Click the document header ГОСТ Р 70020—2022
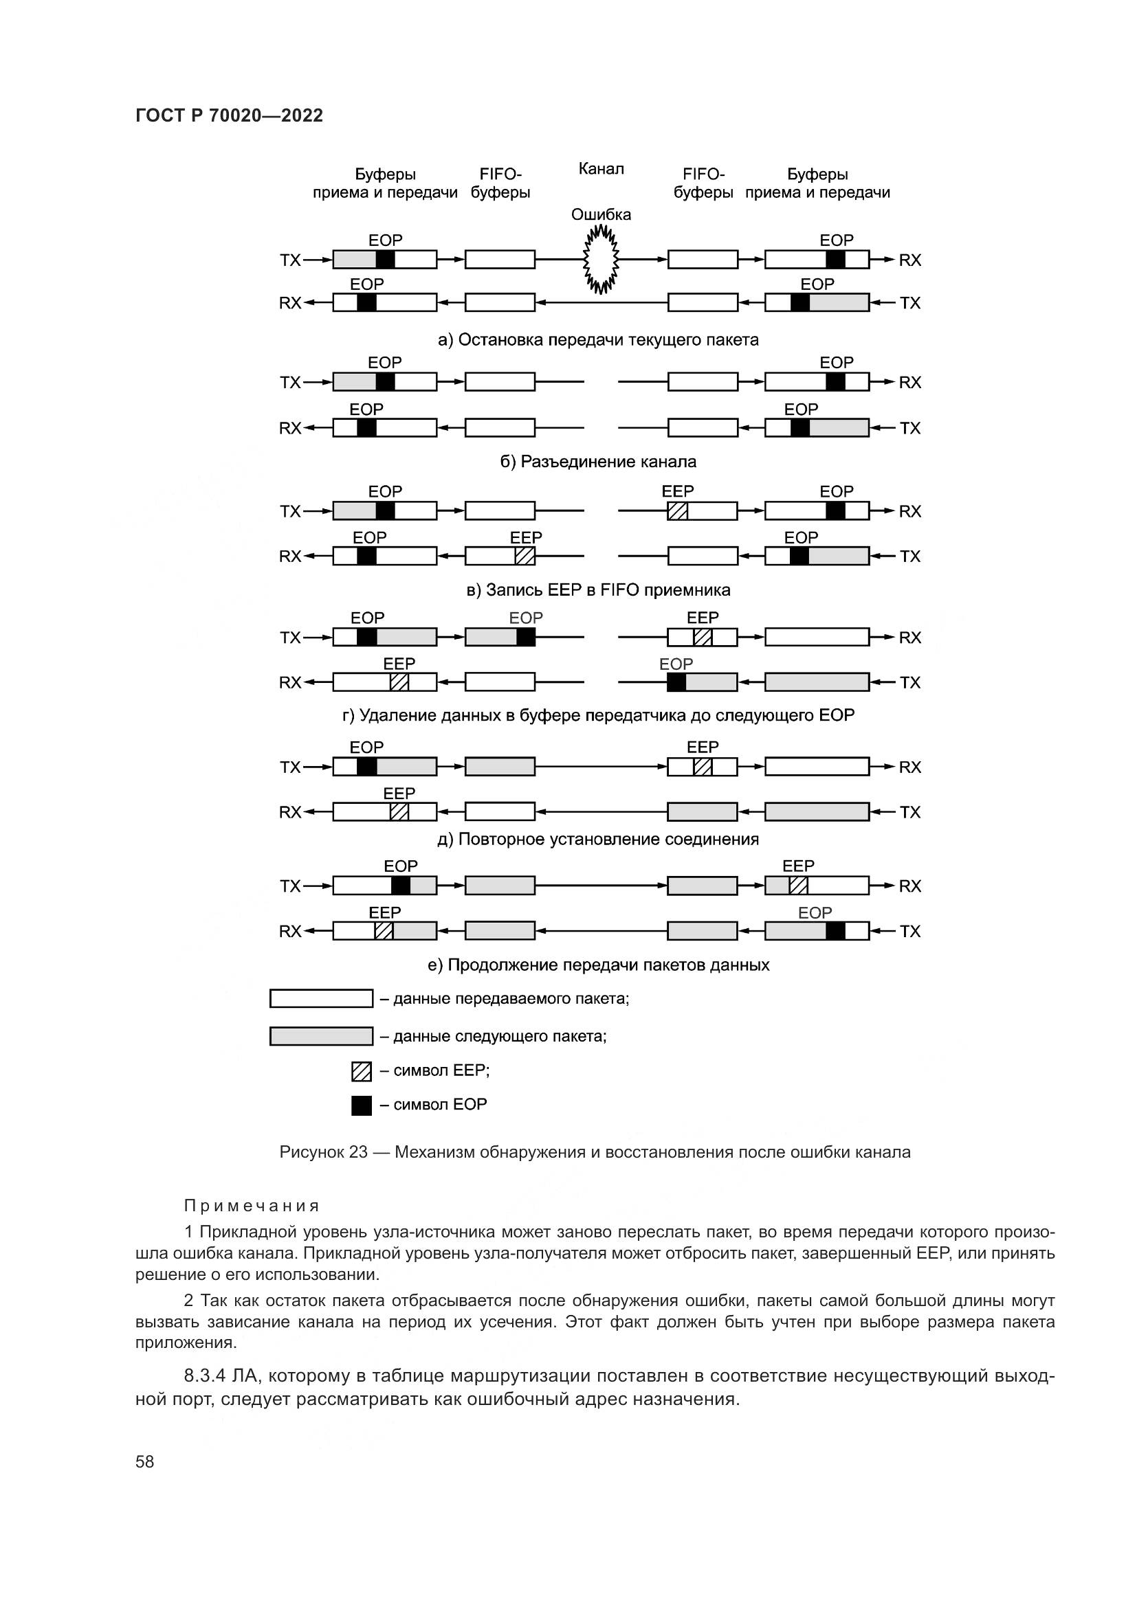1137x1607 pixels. (x=229, y=115)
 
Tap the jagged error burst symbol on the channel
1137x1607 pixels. (x=601, y=260)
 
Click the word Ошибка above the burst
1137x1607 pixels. (x=601, y=214)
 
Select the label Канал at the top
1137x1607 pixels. (x=601, y=169)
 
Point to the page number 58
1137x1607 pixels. (x=144, y=1461)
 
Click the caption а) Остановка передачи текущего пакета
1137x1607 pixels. (x=598, y=340)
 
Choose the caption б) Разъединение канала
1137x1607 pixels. (x=598, y=462)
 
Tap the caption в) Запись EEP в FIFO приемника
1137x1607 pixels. (x=598, y=590)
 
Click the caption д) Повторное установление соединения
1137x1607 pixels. (x=598, y=839)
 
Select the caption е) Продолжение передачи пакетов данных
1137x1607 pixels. (x=598, y=965)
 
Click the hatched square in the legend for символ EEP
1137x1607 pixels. (x=362, y=1071)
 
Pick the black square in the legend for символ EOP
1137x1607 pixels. (x=362, y=1105)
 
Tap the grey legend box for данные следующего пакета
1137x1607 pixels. (x=321, y=1036)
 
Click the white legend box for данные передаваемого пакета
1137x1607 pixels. (x=321, y=998)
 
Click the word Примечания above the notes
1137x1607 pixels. (x=252, y=1206)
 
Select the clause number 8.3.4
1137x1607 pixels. (x=204, y=1375)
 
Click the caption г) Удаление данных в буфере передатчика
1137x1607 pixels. (x=598, y=715)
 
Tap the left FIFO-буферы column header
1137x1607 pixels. (x=500, y=183)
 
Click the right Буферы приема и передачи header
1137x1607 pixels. (x=817, y=183)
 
